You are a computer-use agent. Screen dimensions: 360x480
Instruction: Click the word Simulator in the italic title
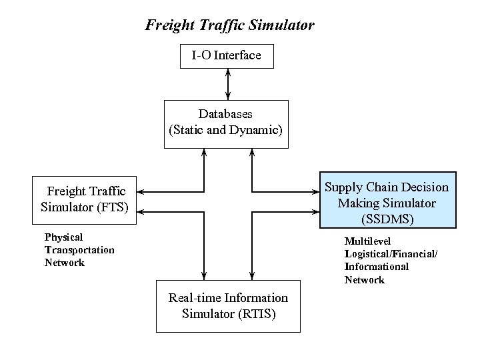pyautogui.click(x=281, y=26)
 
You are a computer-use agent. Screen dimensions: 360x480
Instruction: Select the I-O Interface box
pyautogui.click(x=227, y=55)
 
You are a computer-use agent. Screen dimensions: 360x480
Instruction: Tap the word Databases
pyautogui.click(x=225, y=114)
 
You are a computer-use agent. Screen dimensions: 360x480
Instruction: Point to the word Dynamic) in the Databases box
pyautogui.click(x=256, y=130)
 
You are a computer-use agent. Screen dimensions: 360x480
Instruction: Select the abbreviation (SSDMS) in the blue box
pyautogui.click(x=386, y=218)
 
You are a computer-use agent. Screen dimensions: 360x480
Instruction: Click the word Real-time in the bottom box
pyautogui.click(x=195, y=297)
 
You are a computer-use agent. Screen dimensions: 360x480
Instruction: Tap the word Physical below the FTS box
pyautogui.click(x=63, y=237)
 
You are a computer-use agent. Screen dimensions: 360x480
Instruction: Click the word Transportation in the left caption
pyautogui.click(x=79, y=250)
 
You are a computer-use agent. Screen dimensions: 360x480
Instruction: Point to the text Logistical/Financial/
pyautogui.click(x=391, y=253)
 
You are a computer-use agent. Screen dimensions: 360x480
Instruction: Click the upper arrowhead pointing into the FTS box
pyautogui.click(x=141, y=191)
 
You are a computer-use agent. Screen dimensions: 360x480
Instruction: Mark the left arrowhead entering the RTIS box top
pyautogui.click(x=204, y=276)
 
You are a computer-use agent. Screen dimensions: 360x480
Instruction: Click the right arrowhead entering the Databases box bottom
pyautogui.click(x=252, y=153)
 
